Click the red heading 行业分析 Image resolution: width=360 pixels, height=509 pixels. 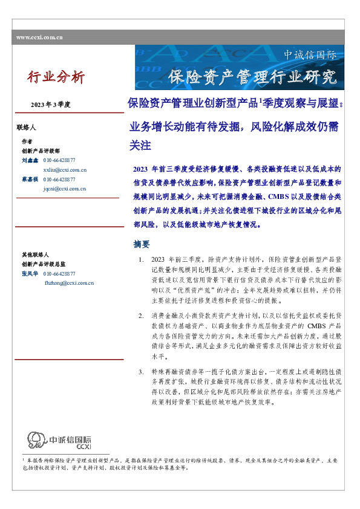(x=56, y=77)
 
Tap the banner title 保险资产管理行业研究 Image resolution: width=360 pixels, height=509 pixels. (x=252, y=77)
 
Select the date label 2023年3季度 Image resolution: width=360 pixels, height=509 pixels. (x=51, y=105)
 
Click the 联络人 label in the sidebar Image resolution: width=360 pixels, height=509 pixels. (x=27, y=128)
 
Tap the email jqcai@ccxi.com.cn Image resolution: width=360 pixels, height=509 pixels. (x=65, y=189)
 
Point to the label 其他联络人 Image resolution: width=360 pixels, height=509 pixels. (x=34, y=255)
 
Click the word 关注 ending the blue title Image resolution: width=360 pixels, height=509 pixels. (x=140, y=146)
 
